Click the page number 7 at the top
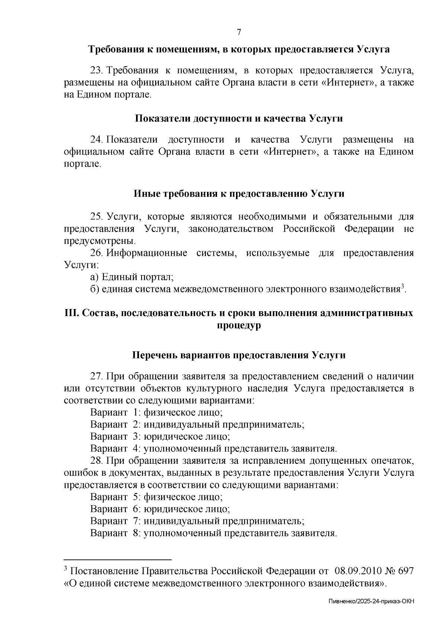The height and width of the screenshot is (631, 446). click(x=239, y=32)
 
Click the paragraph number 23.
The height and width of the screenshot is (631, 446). click(x=97, y=70)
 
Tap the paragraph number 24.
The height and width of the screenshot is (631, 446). click(x=97, y=140)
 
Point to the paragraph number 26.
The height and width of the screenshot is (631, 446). click(x=97, y=253)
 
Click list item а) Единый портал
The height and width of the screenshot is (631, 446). click(x=132, y=277)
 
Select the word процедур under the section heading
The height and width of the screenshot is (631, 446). click(x=239, y=325)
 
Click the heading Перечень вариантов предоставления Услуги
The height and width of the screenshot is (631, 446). click(x=239, y=355)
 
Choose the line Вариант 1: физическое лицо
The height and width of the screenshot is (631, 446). click(x=156, y=412)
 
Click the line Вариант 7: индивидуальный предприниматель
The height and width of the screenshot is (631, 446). click(x=197, y=521)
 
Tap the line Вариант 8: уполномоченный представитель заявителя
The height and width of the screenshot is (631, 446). click(x=213, y=533)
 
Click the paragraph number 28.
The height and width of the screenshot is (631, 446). click(x=97, y=461)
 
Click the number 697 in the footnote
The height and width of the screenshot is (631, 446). click(x=405, y=571)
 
